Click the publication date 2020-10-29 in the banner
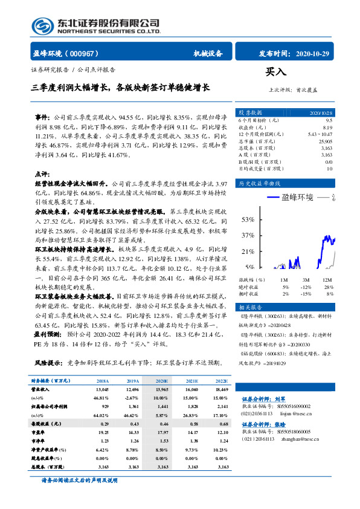point(315,53)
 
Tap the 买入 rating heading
point(275,72)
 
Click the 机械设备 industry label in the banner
point(208,53)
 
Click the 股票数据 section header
point(250,113)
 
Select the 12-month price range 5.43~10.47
point(320,133)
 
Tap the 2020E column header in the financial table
point(162,381)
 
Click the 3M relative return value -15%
point(306,293)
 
